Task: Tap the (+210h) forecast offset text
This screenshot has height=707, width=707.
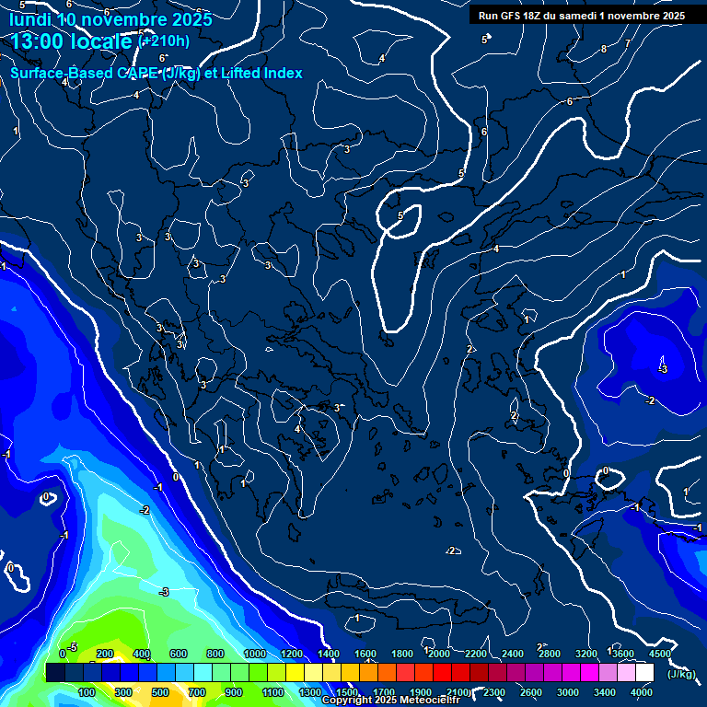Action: click(x=164, y=41)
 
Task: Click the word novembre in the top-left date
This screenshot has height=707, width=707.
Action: click(x=121, y=18)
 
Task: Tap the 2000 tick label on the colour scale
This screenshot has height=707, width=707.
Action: click(x=439, y=654)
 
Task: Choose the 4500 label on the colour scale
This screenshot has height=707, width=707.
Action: click(x=659, y=654)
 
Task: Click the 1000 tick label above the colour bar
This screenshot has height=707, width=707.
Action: click(x=255, y=654)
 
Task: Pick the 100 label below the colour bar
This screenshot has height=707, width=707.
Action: click(x=87, y=692)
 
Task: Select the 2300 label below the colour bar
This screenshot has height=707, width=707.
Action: click(x=494, y=692)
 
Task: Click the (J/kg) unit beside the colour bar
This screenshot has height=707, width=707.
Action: click(x=680, y=674)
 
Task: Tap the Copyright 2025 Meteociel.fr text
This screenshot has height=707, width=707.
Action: click(x=391, y=701)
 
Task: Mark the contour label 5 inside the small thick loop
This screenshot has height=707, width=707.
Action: click(x=400, y=215)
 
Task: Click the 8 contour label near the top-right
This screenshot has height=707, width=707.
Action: click(x=604, y=49)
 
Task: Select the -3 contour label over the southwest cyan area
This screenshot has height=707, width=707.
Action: click(x=164, y=591)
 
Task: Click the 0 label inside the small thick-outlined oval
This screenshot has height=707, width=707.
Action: click(x=605, y=471)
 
